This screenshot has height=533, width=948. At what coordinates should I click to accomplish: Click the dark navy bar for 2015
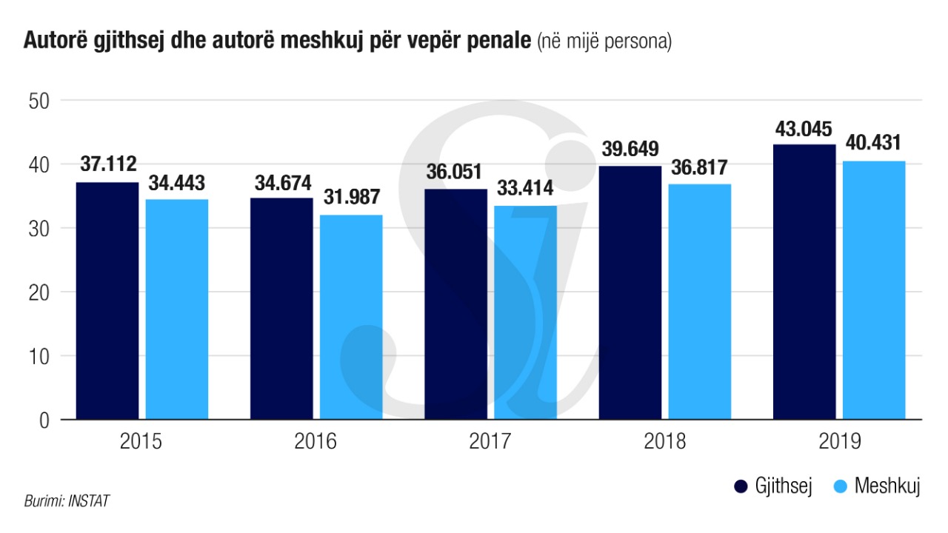pyautogui.click(x=107, y=301)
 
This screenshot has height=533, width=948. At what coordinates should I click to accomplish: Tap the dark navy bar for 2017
pyautogui.click(x=456, y=304)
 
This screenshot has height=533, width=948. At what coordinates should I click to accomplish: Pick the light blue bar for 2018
pyautogui.click(x=700, y=301)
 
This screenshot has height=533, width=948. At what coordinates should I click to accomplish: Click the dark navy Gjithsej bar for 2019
pyautogui.click(x=804, y=282)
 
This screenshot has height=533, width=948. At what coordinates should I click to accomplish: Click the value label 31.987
pyautogui.click(x=351, y=198)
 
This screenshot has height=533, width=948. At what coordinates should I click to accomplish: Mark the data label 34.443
pyautogui.click(x=176, y=183)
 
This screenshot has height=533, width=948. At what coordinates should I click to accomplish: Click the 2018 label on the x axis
pyautogui.click(x=665, y=443)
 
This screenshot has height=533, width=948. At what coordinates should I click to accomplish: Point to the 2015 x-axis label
pyautogui.click(x=141, y=443)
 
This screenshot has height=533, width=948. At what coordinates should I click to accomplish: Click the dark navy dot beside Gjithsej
pyautogui.click(x=740, y=486)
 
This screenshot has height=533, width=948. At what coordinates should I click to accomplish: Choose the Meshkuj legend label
pyautogui.click(x=887, y=486)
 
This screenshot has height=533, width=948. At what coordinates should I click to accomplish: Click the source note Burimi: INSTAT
pyautogui.click(x=67, y=501)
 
